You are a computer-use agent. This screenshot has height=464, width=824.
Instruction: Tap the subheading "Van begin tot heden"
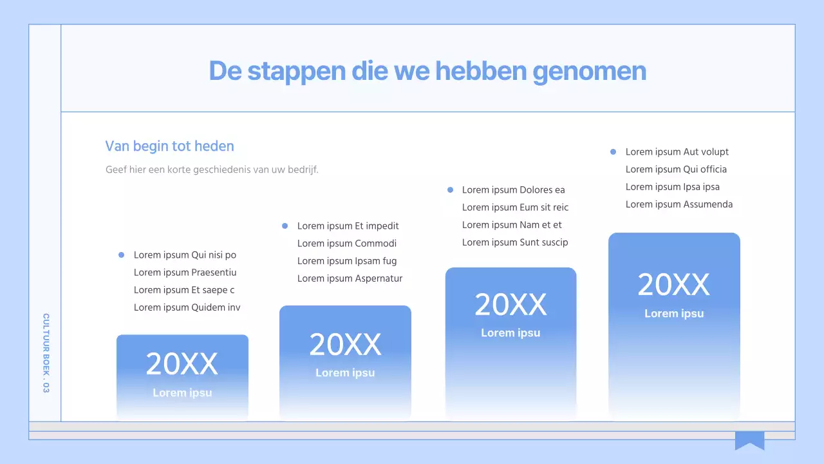(169, 146)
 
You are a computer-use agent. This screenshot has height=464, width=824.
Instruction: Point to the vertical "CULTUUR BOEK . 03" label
(46, 353)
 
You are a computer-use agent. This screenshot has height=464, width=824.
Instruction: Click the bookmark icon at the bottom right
(749, 440)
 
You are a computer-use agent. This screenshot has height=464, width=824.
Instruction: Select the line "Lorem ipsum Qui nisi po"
(185, 255)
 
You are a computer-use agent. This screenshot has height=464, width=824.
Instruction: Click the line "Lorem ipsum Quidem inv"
(187, 307)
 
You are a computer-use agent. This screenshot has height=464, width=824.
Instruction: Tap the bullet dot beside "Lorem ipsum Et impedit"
(285, 226)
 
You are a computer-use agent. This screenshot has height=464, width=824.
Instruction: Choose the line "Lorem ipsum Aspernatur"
(350, 278)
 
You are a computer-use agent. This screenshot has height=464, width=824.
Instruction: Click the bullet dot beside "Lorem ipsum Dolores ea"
(449, 189)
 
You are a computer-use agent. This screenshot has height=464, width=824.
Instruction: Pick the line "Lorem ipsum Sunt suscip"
(515, 242)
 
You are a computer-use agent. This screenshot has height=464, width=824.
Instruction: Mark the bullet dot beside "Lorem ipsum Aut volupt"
(613, 152)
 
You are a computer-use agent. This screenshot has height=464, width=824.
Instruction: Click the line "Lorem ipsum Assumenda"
(679, 204)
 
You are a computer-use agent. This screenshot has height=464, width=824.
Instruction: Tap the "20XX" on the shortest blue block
(182, 365)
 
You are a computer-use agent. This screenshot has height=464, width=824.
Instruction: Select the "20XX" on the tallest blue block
(673, 285)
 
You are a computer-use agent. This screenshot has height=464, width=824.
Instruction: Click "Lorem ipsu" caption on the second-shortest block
(345, 373)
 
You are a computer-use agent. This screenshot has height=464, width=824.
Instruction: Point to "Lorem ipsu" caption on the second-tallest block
(510, 333)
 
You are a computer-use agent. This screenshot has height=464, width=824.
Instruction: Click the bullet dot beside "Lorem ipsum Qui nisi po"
(121, 255)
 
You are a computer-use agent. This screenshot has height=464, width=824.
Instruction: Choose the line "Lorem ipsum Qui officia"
(676, 169)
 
